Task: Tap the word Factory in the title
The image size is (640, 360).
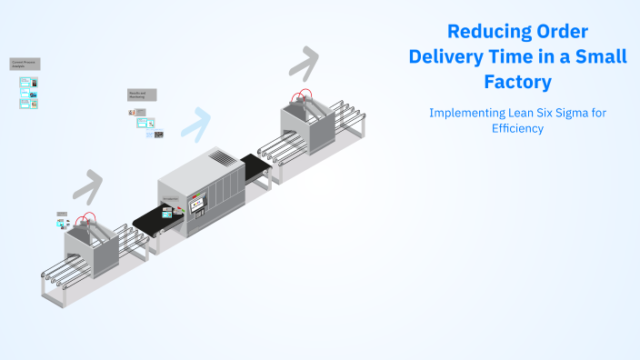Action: coord(517,82)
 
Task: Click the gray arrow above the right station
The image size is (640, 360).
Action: coord(304,65)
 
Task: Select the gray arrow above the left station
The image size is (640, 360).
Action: coord(87,185)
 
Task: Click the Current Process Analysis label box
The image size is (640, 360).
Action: coord(25,65)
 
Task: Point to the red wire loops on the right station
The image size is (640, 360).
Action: coord(301,95)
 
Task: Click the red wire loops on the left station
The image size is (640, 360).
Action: coord(87,220)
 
